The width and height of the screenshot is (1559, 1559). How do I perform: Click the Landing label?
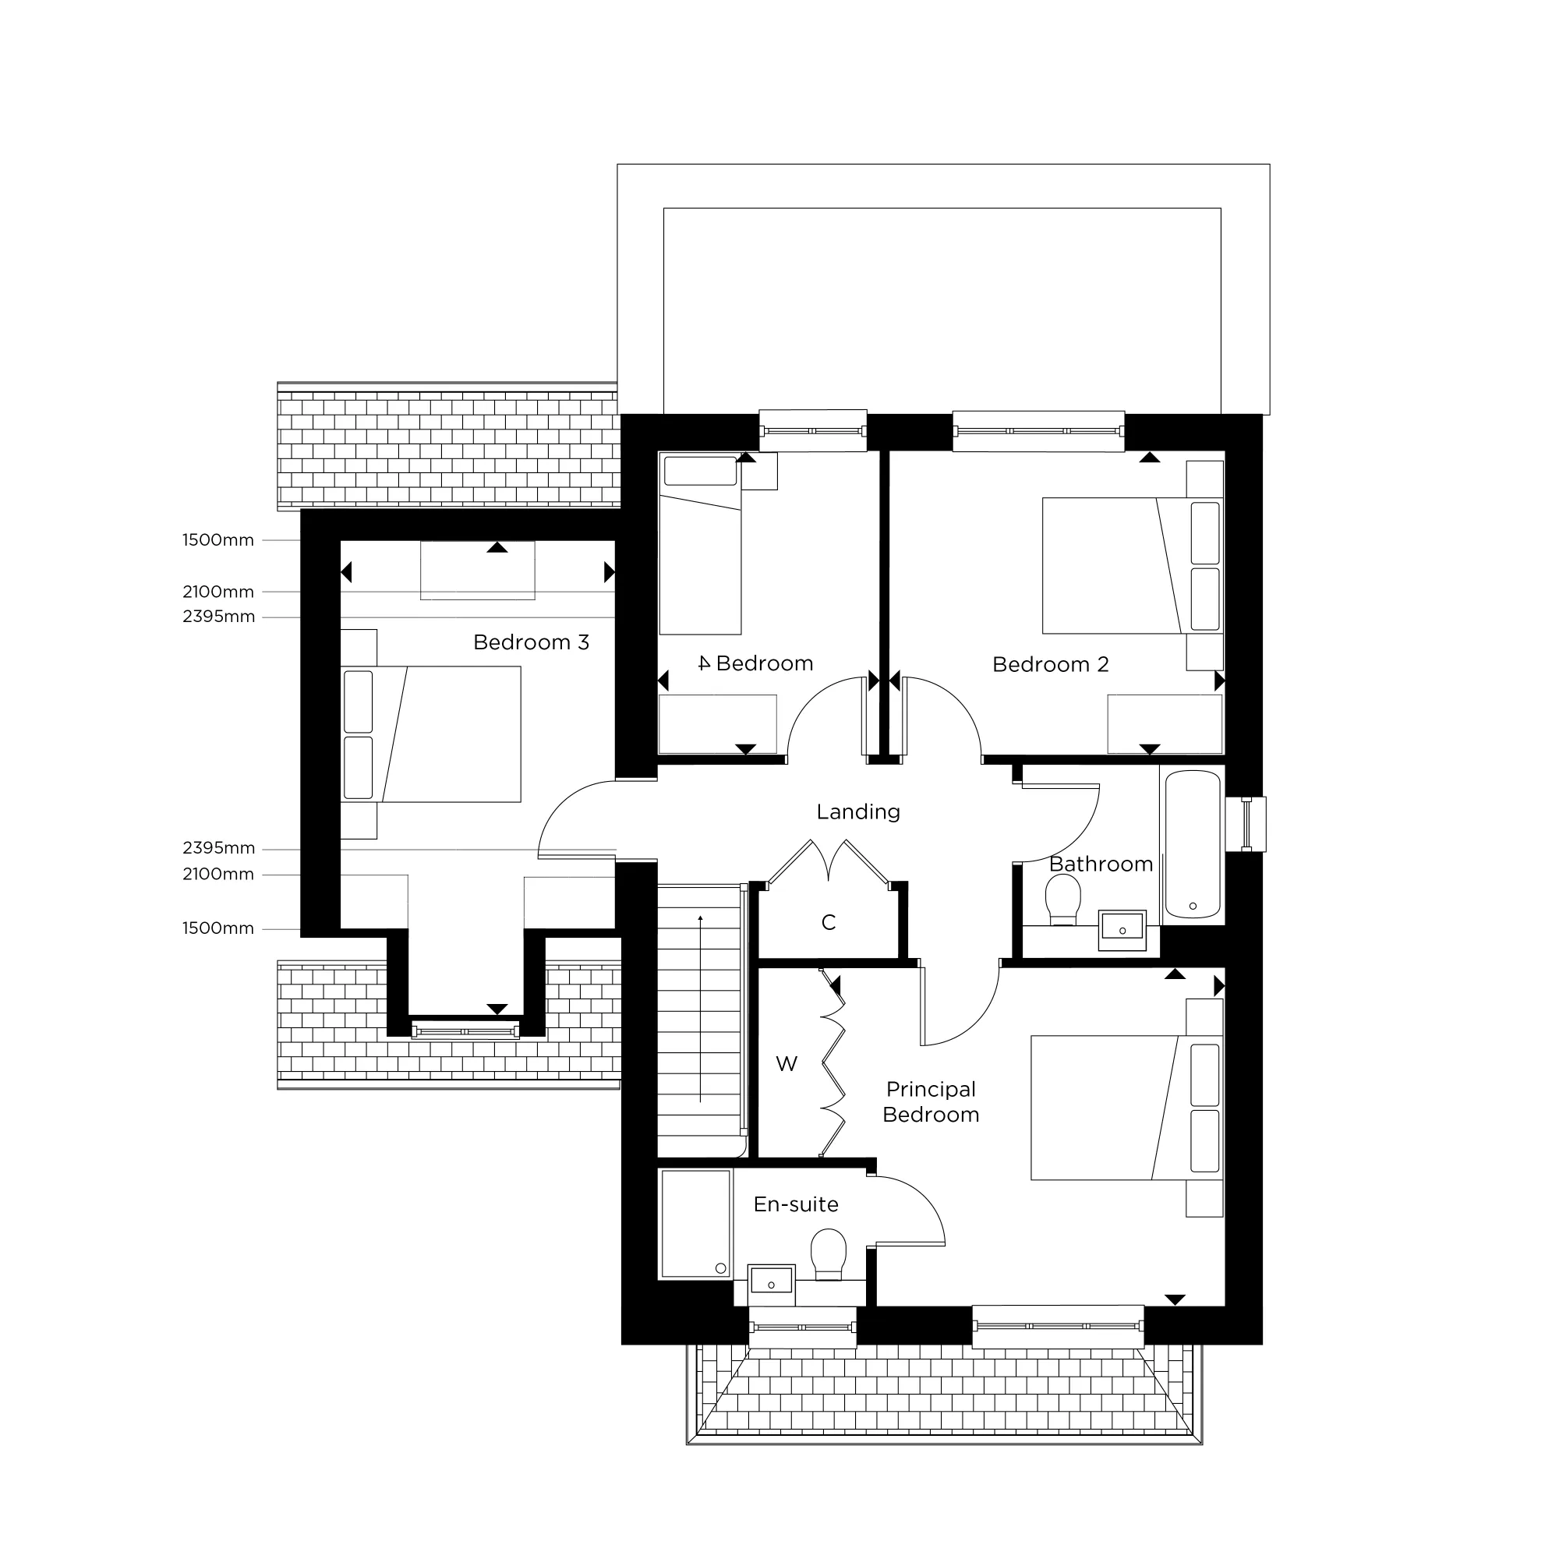[x=857, y=811]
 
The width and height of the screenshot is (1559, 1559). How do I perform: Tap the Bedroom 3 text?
[x=531, y=642]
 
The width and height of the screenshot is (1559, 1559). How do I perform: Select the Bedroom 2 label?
[x=1050, y=664]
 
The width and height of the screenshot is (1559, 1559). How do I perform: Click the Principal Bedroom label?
[x=931, y=1101]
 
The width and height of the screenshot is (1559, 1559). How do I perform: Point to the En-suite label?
[x=796, y=1204]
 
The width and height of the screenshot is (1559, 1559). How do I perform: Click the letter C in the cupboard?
[x=828, y=922]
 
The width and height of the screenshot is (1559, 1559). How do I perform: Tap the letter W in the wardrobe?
[x=786, y=1063]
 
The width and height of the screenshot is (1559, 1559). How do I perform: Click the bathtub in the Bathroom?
[x=1193, y=843]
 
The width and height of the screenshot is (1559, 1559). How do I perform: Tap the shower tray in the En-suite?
[x=695, y=1223]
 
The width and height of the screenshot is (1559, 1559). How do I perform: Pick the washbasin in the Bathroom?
[x=1122, y=927]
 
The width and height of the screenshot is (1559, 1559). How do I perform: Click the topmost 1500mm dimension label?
[x=218, y=540]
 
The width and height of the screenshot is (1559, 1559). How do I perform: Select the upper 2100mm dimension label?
[x=218, y=592]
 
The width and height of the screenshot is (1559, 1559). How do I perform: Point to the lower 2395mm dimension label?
[x=218, y=848]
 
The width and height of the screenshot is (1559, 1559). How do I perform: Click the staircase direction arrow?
[x=701, y=1009]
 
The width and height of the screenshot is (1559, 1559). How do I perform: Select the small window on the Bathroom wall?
[x=1246, y=824]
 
